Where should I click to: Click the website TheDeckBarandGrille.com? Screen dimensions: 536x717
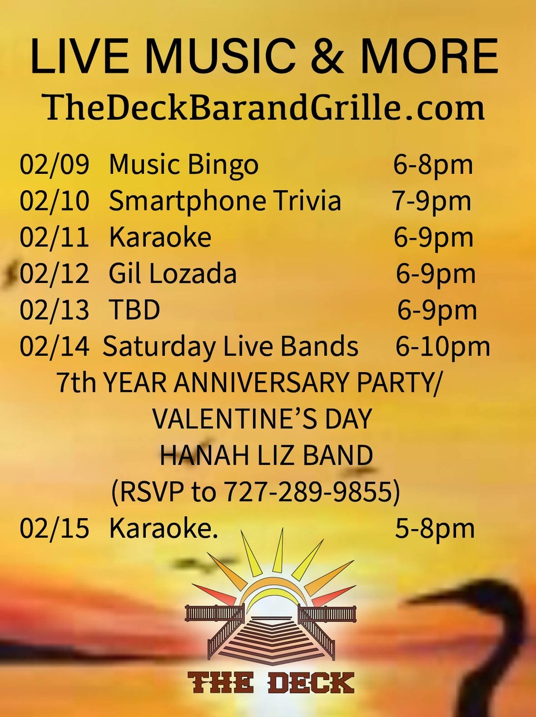tap(265, 107)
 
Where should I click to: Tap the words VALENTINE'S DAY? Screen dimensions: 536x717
tap(262, 420)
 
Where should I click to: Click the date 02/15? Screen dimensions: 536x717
tap(54, 529)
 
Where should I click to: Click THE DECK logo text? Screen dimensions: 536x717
tap(271, 682)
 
